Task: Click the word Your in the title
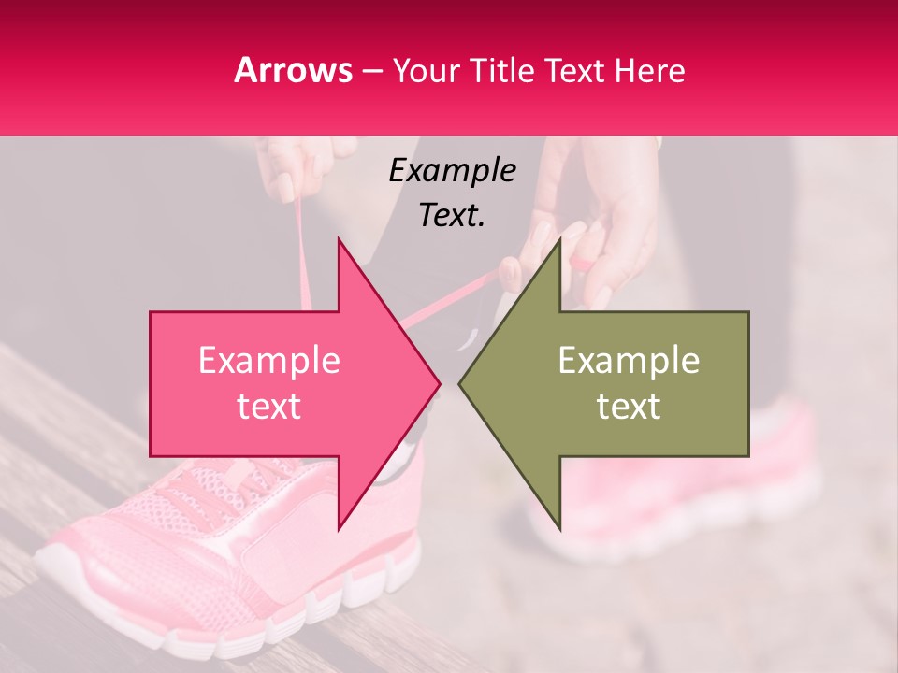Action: point(426,70)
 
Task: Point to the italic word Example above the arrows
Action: point(452,170)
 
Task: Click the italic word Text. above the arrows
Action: point(452,215)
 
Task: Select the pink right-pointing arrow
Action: point(281,383)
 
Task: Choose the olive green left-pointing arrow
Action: point(636,383)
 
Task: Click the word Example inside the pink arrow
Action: point(269,361)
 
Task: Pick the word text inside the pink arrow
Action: point(269,407)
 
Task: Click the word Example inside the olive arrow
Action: point(629,361)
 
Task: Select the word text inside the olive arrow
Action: point(629,407)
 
